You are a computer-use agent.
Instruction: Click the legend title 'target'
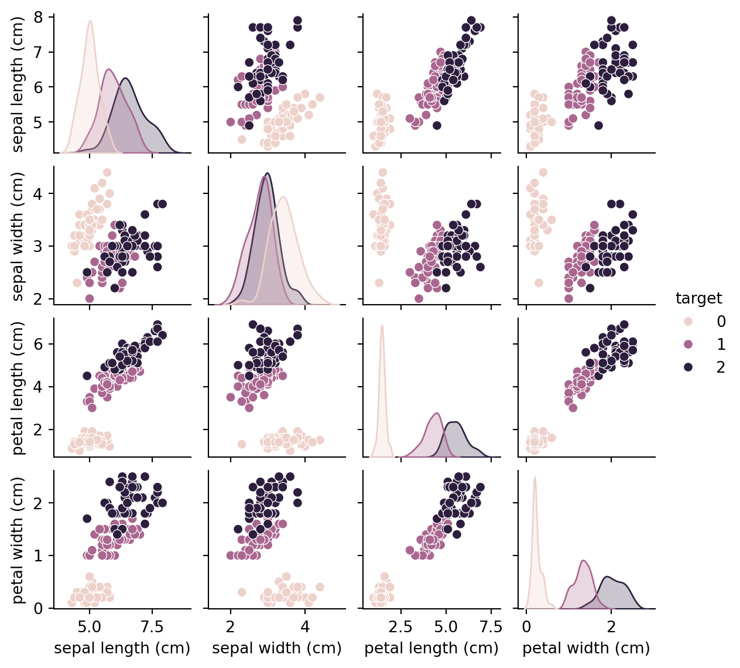pos(698,298)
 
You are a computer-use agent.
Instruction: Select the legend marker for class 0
pos(688,321)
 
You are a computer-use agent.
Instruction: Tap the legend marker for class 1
pos(688,344)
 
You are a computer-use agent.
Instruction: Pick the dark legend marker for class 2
pos(688,367)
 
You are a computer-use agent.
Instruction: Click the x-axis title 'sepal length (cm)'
pos(122,648)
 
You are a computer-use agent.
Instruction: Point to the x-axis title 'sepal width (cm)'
pos(277,648)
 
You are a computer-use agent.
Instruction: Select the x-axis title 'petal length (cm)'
pos(431,648)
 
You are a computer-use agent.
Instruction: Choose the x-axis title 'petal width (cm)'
pos(586,648)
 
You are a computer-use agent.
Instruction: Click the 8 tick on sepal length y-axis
pos(42,17)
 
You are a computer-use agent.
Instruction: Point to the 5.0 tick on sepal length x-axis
pos(90,626)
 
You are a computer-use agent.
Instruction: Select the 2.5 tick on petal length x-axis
pos(401,626)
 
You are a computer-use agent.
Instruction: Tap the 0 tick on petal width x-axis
pos(526,626)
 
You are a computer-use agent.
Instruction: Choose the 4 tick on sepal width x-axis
pos(305,626)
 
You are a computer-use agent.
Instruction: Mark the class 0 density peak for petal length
pos(382,325)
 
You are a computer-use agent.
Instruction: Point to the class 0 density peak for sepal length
pos(90,22)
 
